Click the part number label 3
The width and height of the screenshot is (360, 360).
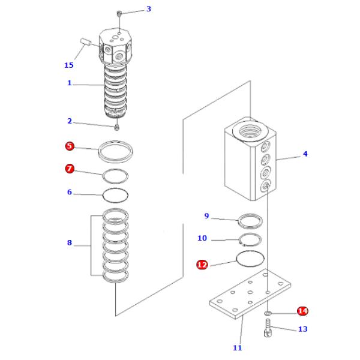pos(149,9)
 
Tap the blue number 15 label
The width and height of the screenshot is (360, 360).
pos(70,65)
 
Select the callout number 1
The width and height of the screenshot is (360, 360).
pos(69,83)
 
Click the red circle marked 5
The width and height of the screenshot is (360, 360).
pos(70,146)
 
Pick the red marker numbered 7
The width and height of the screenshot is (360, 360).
pos(70,169)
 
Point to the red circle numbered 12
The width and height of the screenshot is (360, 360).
pos(202,263)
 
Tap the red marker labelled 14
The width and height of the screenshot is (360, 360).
pos(302,311)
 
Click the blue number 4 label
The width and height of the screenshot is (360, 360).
pos(305,154)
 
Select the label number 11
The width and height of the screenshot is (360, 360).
pos(237,347)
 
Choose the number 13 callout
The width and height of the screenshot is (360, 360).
pos(302,329)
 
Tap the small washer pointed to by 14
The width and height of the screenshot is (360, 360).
pos(268,313)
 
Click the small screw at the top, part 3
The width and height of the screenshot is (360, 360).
pos(119,13)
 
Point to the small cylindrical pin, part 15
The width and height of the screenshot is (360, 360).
pos(85,43)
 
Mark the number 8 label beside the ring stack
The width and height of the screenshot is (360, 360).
pos(70,242)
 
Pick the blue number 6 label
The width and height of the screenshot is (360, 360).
pos(70,193)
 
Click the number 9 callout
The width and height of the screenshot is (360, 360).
pos(206,216)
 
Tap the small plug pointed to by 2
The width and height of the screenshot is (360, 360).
pos(117,127)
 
